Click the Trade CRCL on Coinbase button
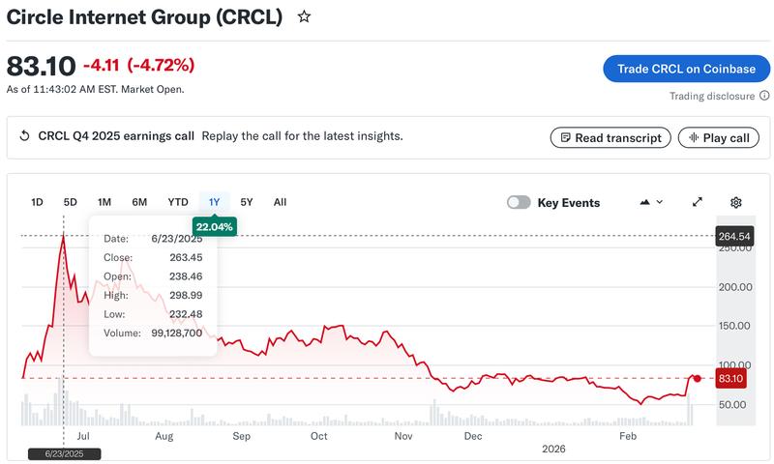tap(686, 69)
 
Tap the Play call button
tap(718, 137)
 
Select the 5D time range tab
tap(71, 202)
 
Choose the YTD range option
tap(178, 202)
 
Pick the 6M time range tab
tap(139, 202)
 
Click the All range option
tap(280, 202)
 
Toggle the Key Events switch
tap(520, 202)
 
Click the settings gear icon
tap(735, 202)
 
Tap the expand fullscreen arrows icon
tap(697, 202)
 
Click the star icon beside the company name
tap(304, 17)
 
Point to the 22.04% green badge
tap(215, 226)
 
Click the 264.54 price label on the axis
tap(734, 236)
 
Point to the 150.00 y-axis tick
tap(734, 326)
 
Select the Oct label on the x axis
tap(318, 436)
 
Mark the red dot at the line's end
tap(698, 378)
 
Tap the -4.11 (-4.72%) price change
tap(138, 66)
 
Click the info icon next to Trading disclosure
tap(764, 96)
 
